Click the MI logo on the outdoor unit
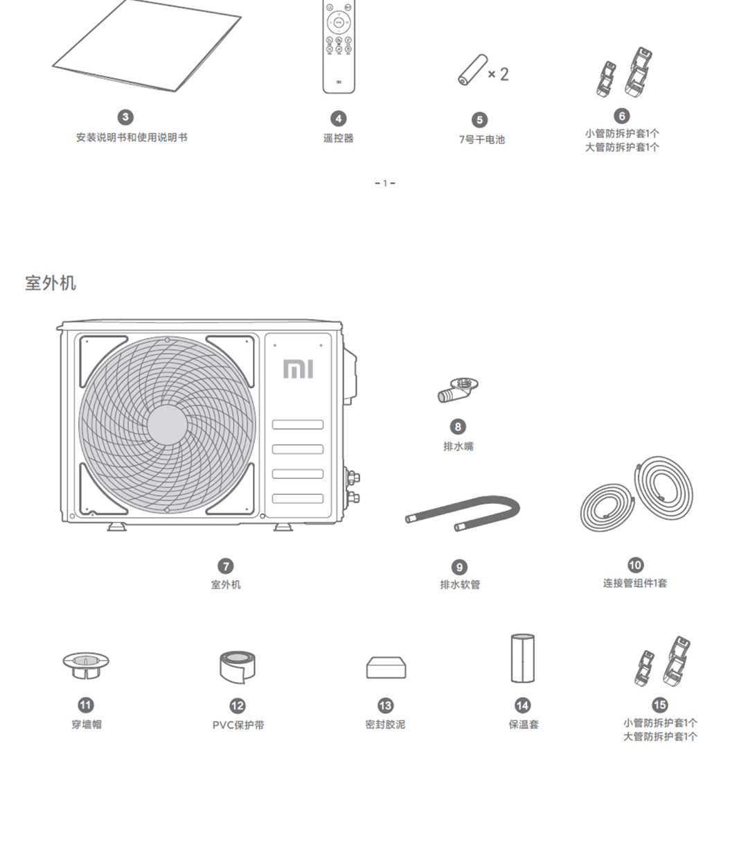(298, 369)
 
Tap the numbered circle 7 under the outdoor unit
(226, 566)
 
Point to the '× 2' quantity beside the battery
(498, 74)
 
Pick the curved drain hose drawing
(463, 513)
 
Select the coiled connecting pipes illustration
(636, 494)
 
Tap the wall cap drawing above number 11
(86, 666)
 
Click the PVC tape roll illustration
(237, 666)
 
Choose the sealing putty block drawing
(386, 667)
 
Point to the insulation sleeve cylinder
(522, 658)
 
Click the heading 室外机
(51, 283)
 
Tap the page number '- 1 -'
(385, 183)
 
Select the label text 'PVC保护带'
(238, 725)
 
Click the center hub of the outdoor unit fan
(166, 424)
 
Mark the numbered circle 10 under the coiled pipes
(635, 565)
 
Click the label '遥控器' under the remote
(339, 138)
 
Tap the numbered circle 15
(659, 705)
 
